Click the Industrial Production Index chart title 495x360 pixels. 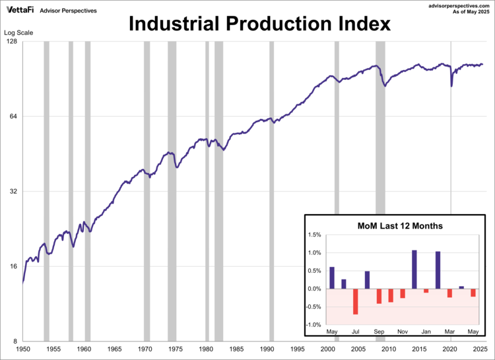coord(259,24)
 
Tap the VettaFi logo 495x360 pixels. coord(19,9)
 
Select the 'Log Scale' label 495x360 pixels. coord(18,32)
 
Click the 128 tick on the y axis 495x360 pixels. coord(11,42)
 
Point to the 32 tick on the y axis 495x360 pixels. coord(12,192)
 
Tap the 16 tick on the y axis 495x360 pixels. coord(12,266)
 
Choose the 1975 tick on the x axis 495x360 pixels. coord(175,348)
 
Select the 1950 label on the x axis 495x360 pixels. coord(22,348)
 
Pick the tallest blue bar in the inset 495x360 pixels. coord(414,270)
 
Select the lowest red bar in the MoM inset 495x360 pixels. coord(356,301)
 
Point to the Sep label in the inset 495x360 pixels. coord(379,331)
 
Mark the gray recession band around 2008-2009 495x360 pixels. coord(380,192)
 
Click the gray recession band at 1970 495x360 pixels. coord(147,192)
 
